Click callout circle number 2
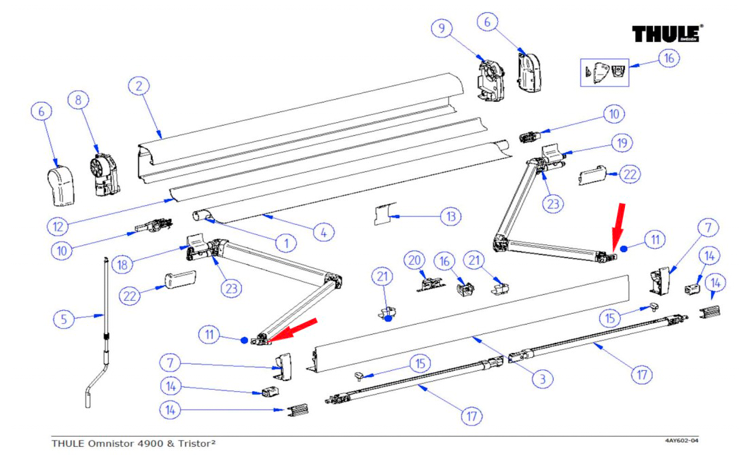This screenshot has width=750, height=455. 139,86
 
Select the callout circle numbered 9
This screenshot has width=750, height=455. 442,29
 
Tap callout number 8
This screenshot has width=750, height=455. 78,101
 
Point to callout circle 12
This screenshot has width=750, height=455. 58,225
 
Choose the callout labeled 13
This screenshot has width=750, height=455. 450,217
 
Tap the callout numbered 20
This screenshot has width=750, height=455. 414,259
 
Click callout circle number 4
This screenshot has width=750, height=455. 323,232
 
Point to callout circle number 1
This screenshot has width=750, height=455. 287,242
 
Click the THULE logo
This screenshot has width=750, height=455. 667,34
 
